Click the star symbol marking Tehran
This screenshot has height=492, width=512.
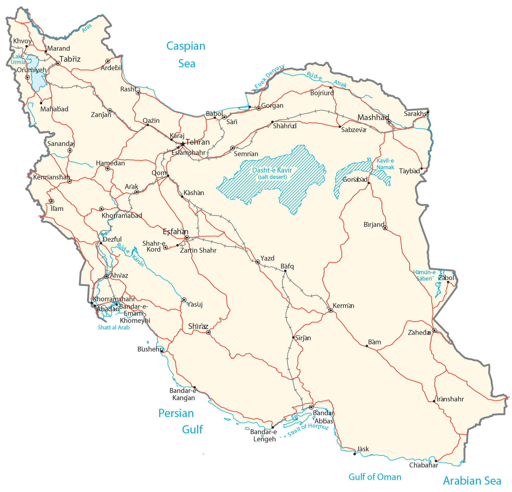(x=183, y=144)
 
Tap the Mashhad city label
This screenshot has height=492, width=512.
(x=373, y=117)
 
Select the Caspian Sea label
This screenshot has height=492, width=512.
(x=186, y=55)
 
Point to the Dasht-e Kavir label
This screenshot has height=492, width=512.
(x=272, y=170)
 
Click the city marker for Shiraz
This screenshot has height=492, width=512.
(x=208, y=333)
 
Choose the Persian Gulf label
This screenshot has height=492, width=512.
(x=180, y=421)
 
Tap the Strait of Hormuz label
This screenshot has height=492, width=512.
(x=308, y=430)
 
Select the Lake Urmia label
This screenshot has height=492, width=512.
(x=18, y=59)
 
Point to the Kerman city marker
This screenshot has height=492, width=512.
(x=331, y=311)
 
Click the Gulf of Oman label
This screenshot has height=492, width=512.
(x=375, y=477)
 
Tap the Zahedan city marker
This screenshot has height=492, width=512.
(x=434, y=330)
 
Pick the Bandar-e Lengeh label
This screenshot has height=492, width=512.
(x=264, y=435)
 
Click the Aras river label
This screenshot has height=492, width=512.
(x=87, y=28)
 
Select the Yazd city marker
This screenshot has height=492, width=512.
(x=258, y=262)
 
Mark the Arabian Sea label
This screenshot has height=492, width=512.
(x=472, y=481)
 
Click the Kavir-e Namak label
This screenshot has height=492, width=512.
(x=385, y=164)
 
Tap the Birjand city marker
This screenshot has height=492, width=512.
(x=385, y=228)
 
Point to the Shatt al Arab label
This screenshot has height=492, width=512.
(x=114, y=327)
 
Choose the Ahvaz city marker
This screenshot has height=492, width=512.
(x=106, y=276)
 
